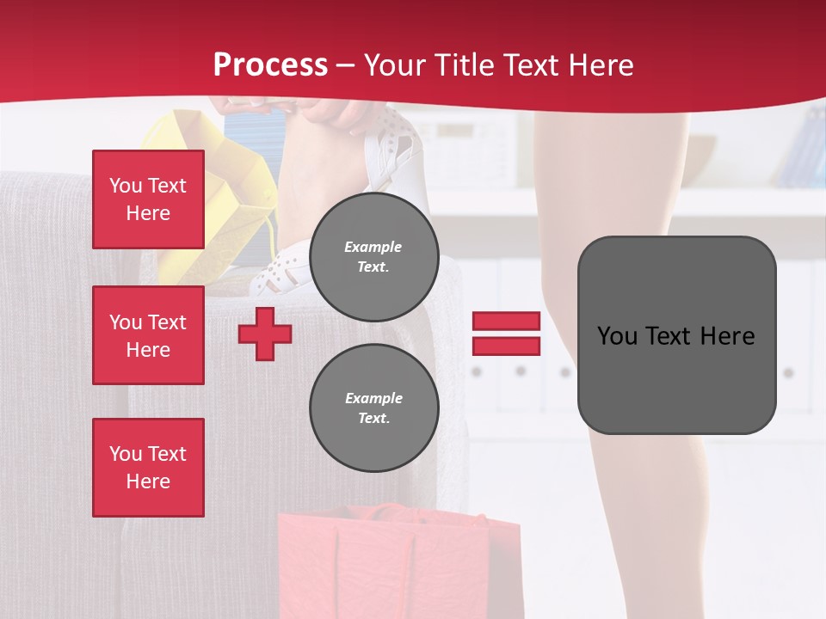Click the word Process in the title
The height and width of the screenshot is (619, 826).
(270, 65)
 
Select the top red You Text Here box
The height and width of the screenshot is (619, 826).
(148, 199)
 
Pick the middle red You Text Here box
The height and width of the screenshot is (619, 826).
(148, 335)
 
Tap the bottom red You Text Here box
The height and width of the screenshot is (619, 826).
(148, 468)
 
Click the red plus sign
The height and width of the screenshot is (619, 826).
(265, 334)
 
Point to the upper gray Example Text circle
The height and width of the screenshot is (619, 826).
(373, 256)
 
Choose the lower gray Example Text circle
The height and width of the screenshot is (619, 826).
(373, 408)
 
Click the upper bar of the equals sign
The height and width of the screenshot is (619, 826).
(506, 322)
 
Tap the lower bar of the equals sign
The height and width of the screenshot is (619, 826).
(506, 346)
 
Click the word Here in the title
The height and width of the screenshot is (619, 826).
(601, 65)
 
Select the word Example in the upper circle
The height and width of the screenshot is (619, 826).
(373, 247)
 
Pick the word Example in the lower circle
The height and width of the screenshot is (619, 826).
(373, 398)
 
